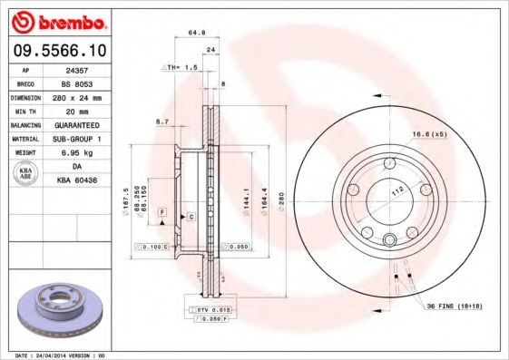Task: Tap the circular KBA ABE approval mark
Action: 26,172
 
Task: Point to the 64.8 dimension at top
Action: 193,34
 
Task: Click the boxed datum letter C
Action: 191,218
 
